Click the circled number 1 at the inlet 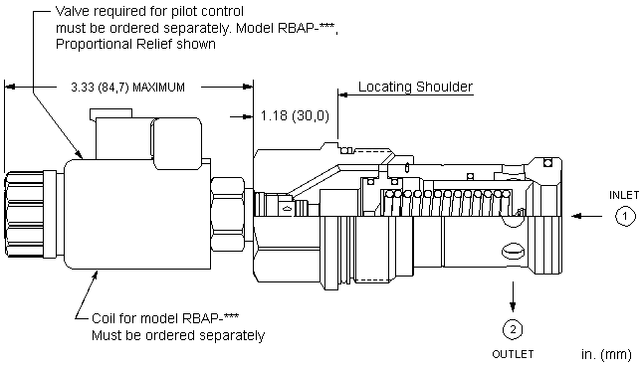(625, 216)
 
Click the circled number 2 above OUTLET (513, 329)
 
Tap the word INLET (623, 195)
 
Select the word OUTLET (513, 354)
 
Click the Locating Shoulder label (415, 87)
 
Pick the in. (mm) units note (606, 354)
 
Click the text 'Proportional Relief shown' (135, 44)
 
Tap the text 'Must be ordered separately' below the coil (178, 335)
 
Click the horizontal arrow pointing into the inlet (586, 216)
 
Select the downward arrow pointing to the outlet (513, 296)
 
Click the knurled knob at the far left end (25, 215)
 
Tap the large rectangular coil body (137, 214)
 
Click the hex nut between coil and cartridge (228, 214)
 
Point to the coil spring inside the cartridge (446, 202)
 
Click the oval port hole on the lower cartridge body (513, 252)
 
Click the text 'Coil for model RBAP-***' (165, 318)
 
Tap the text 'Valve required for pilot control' (149, 11)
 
